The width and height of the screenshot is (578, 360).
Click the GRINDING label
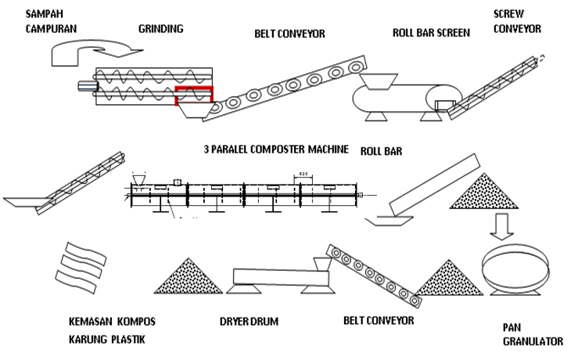tap(160, 29)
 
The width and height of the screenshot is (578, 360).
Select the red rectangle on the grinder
tap(193, 95)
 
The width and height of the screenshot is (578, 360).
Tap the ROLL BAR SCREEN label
tap(431, 33)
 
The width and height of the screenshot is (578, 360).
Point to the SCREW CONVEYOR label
tap(516, 21)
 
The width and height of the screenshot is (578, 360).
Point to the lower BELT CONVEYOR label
tap(379, 321)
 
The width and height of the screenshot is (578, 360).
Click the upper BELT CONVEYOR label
tap(289, 34)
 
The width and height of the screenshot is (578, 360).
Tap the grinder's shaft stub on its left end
tap(84, 85)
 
